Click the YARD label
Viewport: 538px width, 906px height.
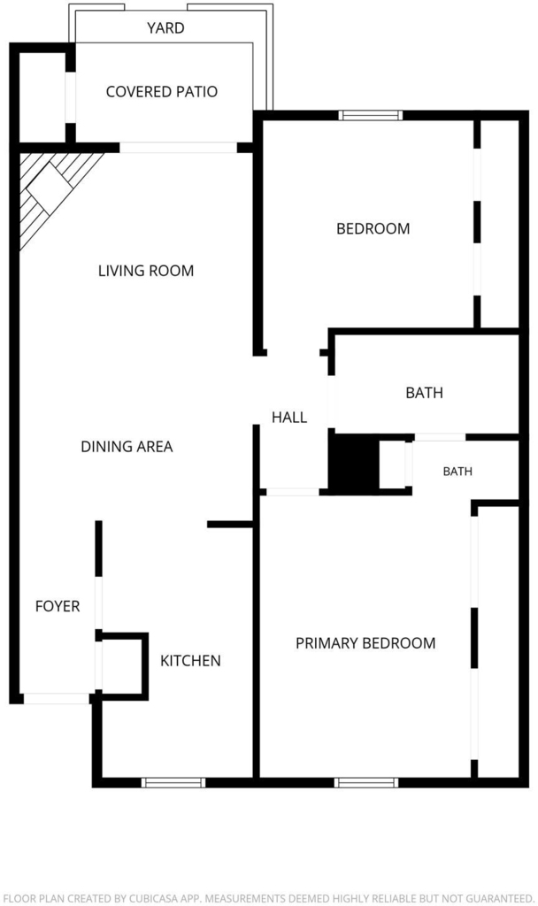[x=165, y=27]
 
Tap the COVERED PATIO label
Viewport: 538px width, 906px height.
[x=162, y=91]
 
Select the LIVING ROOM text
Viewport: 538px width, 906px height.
[x=146, y=271]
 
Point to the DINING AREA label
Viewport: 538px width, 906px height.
[x=127, y=446]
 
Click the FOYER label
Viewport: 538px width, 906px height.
[x=58, y=606]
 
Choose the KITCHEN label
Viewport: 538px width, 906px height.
[x=190, y=660]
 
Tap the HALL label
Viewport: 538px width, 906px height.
[x=289, y=418]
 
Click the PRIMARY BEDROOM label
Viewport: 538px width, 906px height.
[x=365, y=643]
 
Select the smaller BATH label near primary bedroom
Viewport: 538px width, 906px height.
[x=457, y=472]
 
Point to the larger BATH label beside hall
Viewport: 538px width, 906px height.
[x=424, y=393]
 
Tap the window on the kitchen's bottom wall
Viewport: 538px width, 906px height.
[x=173, y=782]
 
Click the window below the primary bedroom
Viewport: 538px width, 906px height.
[x=366, y=782]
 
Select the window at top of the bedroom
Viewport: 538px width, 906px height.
[x=371, y=116]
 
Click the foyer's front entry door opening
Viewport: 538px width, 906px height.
[x=57, y=699]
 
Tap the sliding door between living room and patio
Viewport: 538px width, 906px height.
[x=178, y=148]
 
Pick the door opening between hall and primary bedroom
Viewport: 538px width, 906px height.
[x=292, y=492]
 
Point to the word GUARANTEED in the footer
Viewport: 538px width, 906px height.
[x=499, y=899]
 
